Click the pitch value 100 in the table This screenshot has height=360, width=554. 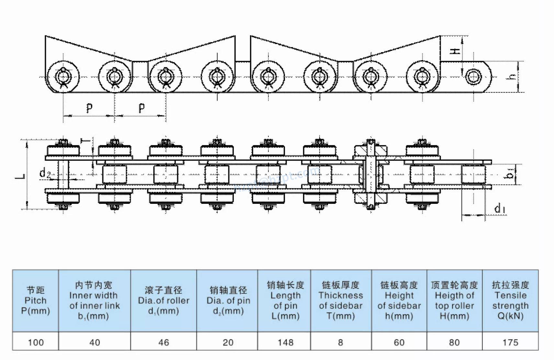coord(36,342)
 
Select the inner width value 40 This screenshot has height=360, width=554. coord(95,342)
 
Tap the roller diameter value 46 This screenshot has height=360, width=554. coord(164,342)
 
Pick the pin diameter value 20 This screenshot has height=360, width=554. coord(228,342)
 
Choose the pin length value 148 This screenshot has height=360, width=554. coord(285,342)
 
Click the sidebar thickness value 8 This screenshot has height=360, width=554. coord(340,342)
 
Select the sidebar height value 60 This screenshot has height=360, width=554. coord(399,342)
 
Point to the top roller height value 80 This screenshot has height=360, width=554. coord(454,342)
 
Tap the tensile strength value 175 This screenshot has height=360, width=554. coord(510,342)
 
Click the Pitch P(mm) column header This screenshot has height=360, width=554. coord(36,300)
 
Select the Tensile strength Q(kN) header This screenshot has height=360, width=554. coord(510,300)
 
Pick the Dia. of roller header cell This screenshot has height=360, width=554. coord(164,300)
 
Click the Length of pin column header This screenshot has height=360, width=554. coord(285,300)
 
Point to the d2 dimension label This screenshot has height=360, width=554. coord(45,173)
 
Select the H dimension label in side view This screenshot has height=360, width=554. coord(455,51)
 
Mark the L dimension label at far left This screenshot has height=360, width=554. coord(20,176)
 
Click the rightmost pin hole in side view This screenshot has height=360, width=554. coord(473,77)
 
